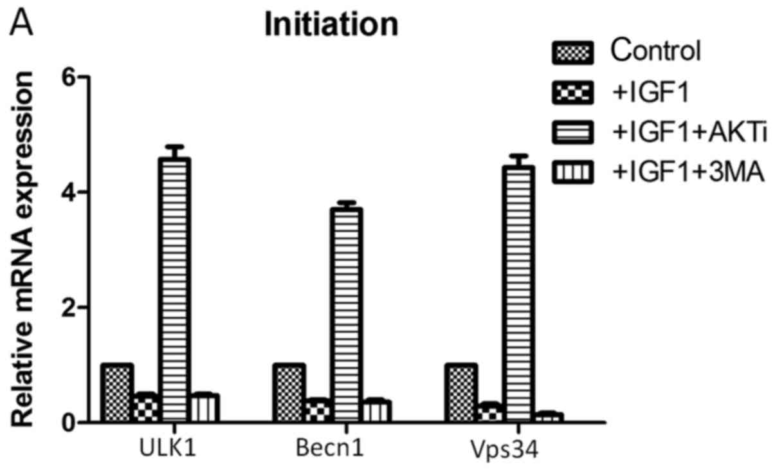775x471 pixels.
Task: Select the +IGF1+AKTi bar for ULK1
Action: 176,290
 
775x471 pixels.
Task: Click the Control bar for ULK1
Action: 117,392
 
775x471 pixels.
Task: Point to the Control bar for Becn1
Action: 289,392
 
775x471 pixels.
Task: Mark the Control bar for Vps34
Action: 460,392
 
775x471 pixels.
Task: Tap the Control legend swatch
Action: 572,52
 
